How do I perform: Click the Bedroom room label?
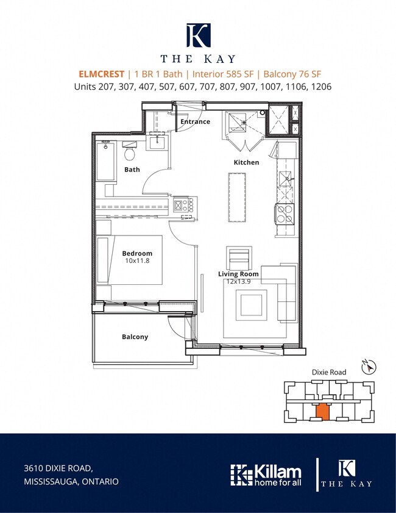137,253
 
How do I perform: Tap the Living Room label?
238,274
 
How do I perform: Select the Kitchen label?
246,162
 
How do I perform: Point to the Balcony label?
135,337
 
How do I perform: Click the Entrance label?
195,121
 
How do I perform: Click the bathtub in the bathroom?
106,160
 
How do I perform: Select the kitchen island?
237,197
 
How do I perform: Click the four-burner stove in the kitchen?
285,214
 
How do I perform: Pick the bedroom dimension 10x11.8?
137,260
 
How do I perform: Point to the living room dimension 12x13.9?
239,281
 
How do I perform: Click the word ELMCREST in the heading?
101,74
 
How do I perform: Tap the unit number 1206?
322,87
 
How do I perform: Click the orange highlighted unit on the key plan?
323,412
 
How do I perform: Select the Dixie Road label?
329,372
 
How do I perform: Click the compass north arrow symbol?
369,367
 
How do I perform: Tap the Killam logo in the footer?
266,475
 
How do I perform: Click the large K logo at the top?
199,35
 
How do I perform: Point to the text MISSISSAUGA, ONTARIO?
71,482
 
